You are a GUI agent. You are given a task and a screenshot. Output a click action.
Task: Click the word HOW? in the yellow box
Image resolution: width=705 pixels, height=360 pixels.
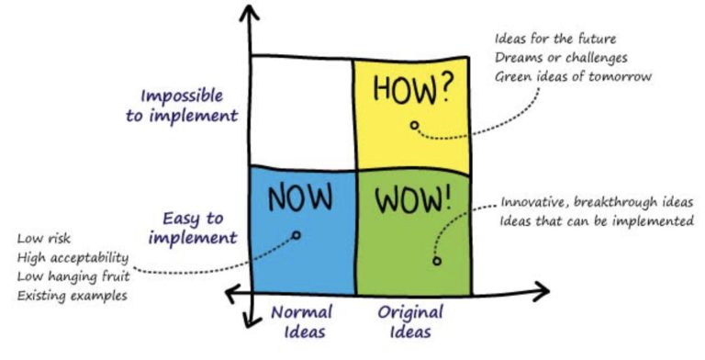[411, 89]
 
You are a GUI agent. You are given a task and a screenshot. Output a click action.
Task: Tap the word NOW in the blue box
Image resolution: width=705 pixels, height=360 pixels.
[300, 197]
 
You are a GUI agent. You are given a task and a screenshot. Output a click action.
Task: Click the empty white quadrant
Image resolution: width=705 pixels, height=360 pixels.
[303, 113]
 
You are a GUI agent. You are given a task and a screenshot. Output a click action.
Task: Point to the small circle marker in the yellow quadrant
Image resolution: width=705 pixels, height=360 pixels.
[414, 125]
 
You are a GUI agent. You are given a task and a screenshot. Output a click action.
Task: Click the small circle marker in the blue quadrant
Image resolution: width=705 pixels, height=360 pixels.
[296, 234]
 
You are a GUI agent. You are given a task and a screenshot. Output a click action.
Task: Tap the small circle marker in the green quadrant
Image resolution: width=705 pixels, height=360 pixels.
[437, 261]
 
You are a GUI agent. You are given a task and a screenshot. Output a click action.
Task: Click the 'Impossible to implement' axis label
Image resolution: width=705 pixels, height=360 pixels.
[182, 106]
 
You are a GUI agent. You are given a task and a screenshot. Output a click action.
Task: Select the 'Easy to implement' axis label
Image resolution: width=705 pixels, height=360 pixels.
[193, 228]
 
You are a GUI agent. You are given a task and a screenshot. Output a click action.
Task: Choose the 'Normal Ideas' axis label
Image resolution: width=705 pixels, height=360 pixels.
[302, 321]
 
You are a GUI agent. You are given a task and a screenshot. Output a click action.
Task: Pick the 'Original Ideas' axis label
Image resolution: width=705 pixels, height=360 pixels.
[410, 321]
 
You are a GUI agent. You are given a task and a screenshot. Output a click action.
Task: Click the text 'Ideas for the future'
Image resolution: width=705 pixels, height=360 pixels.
[555, 39]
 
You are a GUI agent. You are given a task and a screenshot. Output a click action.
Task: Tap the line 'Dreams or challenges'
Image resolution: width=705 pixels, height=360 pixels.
[561, 58]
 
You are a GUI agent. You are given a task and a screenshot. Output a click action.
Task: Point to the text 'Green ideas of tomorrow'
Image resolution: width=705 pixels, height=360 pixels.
[573, 76]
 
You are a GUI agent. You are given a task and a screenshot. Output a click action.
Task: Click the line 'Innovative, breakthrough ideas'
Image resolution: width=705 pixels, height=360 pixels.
[597, 202]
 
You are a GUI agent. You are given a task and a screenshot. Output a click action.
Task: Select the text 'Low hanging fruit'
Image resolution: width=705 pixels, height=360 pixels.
[73, 276]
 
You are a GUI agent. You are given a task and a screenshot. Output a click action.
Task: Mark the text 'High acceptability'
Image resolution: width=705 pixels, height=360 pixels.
[73, 258]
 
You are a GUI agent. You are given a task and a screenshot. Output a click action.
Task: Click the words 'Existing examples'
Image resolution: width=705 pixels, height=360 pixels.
[72, 296]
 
